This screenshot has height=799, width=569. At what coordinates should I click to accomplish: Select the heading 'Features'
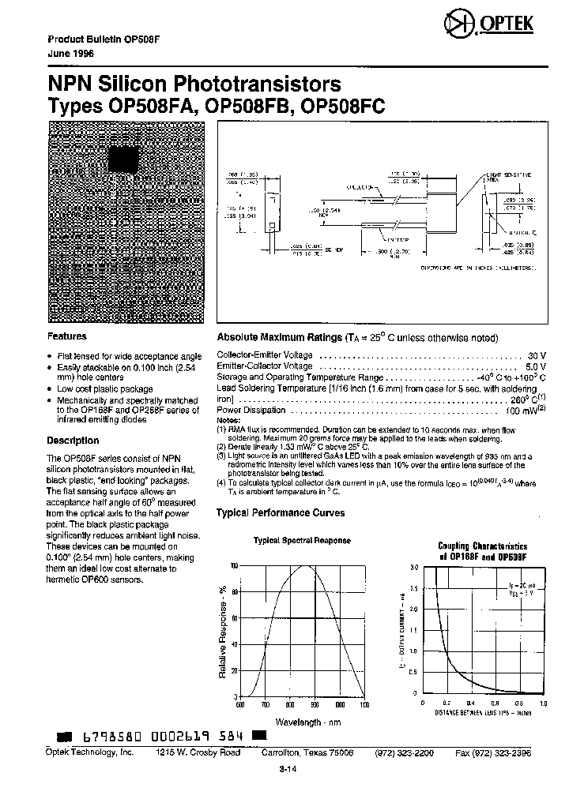67,336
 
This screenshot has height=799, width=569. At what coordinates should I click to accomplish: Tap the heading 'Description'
73,441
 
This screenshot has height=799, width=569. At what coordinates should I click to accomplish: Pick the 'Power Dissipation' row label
251,411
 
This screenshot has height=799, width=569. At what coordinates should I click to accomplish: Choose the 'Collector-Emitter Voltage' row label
265,355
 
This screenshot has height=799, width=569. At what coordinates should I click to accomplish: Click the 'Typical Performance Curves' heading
281,512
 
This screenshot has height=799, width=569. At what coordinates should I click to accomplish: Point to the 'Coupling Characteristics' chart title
482,546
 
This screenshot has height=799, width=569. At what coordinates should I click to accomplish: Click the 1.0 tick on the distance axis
543,703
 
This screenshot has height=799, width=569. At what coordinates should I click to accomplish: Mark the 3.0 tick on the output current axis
413,567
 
